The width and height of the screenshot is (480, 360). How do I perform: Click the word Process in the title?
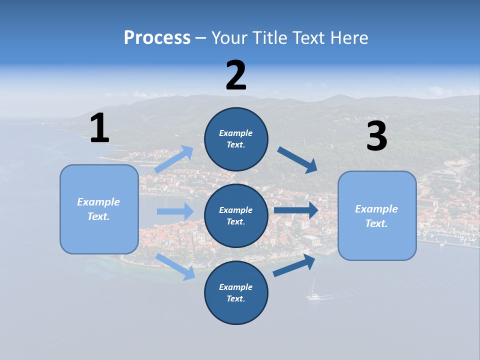[157, 37]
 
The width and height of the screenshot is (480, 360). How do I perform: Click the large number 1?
[99, 128]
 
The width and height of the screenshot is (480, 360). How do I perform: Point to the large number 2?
[236, 75]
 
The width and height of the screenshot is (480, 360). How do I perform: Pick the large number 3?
[376, 136]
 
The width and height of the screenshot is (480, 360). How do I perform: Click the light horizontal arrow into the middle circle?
[175, 211]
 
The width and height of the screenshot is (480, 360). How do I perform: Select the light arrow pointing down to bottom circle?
[175, 266]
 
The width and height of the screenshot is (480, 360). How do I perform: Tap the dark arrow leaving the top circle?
[297, 160]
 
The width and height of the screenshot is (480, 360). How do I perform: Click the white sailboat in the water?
[313, 292]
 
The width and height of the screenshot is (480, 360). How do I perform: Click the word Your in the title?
[228, 37]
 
